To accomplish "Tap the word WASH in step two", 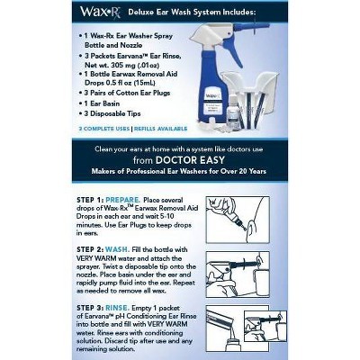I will tap(126, 247).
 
